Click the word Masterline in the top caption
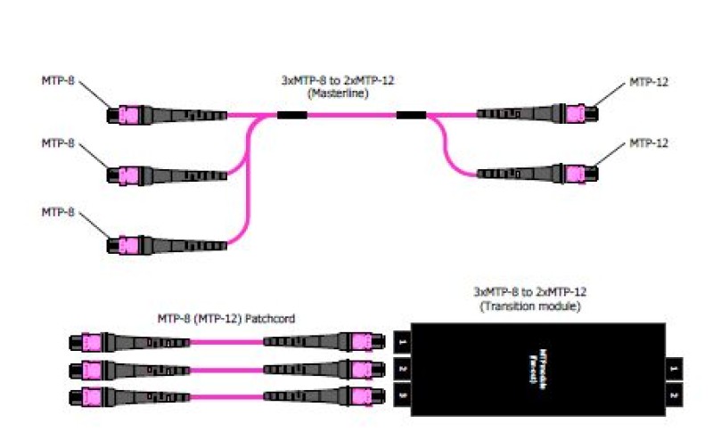[x=338, y=93]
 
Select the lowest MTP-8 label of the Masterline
[x=59, y=213]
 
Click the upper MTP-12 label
[x=649, y=82]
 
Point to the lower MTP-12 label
[x=649, y=143]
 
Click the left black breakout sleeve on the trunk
[x=291, y=115]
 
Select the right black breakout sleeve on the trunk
[x=411, y=115]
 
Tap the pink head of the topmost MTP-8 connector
[x=124, y=115]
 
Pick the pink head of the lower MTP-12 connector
[x=577, y=173]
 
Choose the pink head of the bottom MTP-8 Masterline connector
[x=124, y=245]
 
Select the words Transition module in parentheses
[x=529, y=305]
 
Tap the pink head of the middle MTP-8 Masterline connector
[x=124, y=174]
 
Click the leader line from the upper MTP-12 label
[x=610, y=96]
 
